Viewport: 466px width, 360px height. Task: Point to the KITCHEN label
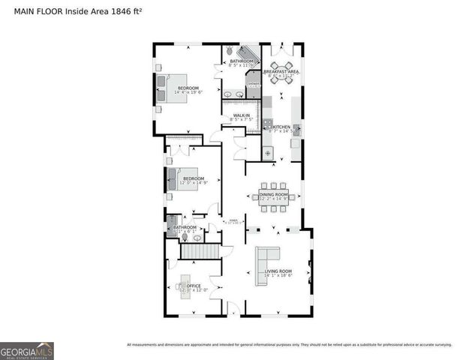point(282,128)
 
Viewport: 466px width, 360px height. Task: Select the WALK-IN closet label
point(242,116)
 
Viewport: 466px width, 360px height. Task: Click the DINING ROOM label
point(273,196)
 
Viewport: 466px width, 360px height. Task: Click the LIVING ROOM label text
point(278,271)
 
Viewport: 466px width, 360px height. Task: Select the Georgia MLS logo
point(26,350)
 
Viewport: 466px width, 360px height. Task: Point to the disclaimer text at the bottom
point(289,345)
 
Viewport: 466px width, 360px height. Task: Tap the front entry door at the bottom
point(233,311)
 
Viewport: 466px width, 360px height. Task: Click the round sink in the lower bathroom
point(197,237)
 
